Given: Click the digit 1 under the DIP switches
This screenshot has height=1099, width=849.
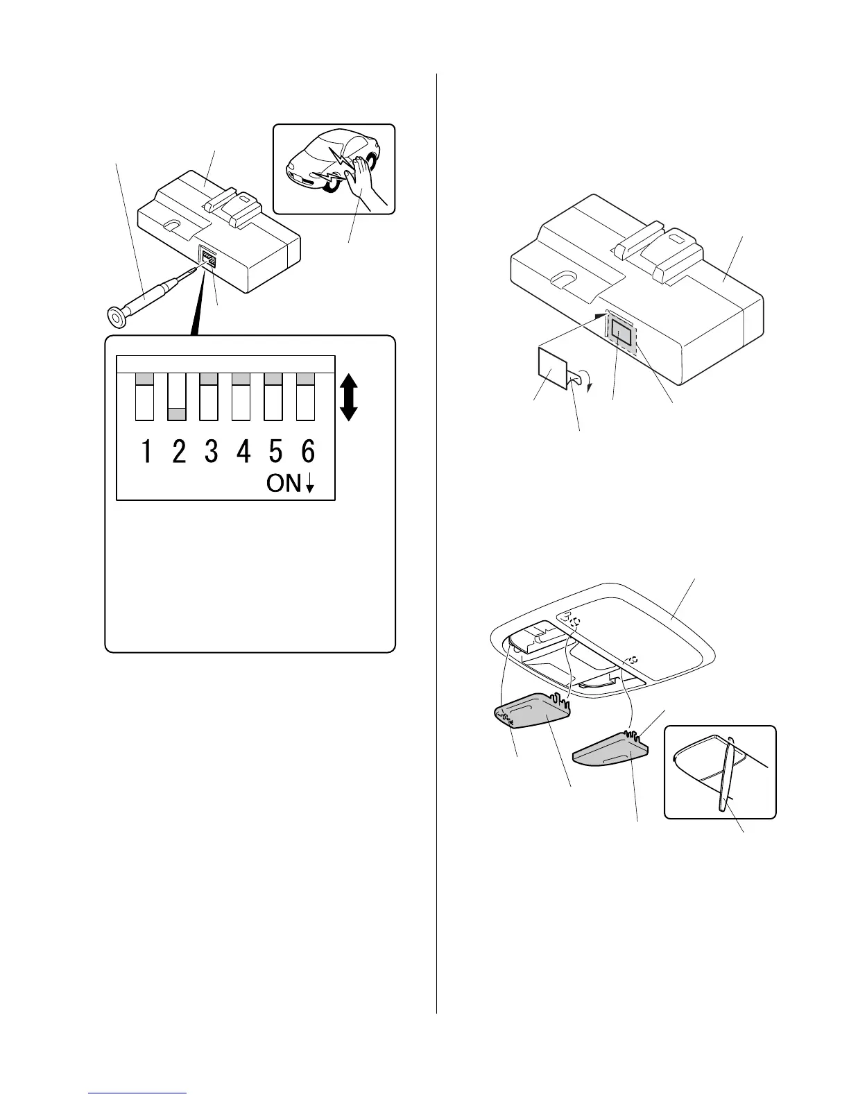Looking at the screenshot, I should (146, 452).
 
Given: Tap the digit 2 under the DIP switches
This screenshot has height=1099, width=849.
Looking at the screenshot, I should (179, 452).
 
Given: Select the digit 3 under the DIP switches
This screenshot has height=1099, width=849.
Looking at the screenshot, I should (211, 452).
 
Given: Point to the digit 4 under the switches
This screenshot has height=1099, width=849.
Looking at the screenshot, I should (243, 452).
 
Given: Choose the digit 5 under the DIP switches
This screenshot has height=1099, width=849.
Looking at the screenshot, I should (275, 452).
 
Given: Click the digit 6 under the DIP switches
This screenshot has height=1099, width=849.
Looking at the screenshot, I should (308, 452).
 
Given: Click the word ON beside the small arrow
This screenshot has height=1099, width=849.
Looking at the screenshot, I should (284, 483).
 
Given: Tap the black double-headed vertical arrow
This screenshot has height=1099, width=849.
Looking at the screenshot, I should (349, 397).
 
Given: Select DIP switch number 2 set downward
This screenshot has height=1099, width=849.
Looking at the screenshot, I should (178, 397).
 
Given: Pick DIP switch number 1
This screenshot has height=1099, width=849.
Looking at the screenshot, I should (145, 397).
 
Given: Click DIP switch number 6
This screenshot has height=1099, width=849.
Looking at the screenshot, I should (306, 397).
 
